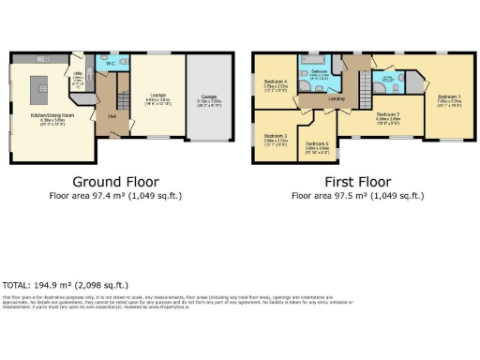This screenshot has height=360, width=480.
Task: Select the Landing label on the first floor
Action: (336, 99)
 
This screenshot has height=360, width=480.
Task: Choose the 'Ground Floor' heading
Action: (114, 181)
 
